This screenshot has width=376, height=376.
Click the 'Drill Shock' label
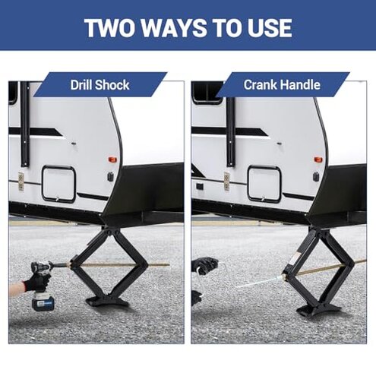99,84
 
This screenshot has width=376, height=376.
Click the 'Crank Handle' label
282,84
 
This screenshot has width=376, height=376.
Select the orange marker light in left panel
112,160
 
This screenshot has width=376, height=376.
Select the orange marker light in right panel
318,160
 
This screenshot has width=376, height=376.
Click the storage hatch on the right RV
264,183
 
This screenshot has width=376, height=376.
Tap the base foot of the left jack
107,302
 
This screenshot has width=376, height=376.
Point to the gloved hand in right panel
204,266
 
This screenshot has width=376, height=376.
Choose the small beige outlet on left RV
21,182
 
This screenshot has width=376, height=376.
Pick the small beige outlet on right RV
226,181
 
